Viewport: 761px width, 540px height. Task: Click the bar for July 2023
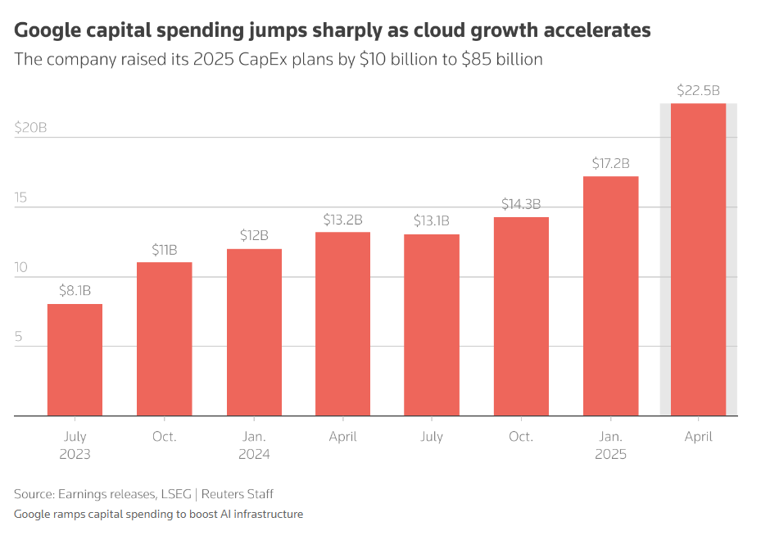point(75,361)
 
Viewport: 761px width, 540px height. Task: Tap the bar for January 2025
point(610,296)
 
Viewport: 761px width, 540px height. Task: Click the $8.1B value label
point(75,290)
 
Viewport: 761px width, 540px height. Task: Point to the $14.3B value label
point(521,204)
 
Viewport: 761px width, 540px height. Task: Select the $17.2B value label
point(610,163)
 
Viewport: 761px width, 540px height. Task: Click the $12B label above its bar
point(253,235)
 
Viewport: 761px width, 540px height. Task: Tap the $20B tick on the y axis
point(30,128)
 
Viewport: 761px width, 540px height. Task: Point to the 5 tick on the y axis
point(19,337)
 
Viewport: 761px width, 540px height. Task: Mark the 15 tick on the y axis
point(22,197)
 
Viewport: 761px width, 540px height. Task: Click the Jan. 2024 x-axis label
point(253,445)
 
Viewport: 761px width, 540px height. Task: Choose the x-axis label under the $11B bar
point(164,437)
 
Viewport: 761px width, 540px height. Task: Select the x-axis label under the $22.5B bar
point(698,437)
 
